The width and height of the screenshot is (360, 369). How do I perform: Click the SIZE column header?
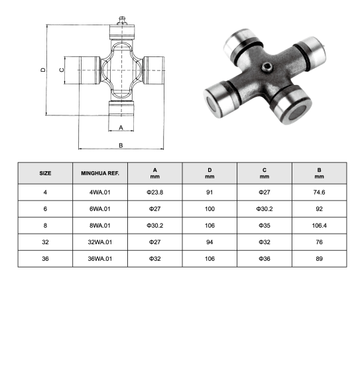pos(45,173)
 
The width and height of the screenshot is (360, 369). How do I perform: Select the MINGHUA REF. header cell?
pos(99,173)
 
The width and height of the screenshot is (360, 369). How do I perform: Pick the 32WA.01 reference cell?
pos(99,241)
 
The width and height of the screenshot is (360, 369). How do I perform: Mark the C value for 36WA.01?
pos(265,258)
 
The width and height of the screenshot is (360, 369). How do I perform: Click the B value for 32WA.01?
pos(319,241)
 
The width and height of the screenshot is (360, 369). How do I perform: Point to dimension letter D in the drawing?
pos(42,69)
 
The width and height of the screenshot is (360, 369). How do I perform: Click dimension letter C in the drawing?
pos(61,69)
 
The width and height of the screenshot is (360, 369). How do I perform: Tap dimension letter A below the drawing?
pos(121,126)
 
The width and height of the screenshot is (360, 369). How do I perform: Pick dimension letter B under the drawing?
pos(121,145)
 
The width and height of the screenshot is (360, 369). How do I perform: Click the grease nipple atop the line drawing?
pos(121,21)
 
